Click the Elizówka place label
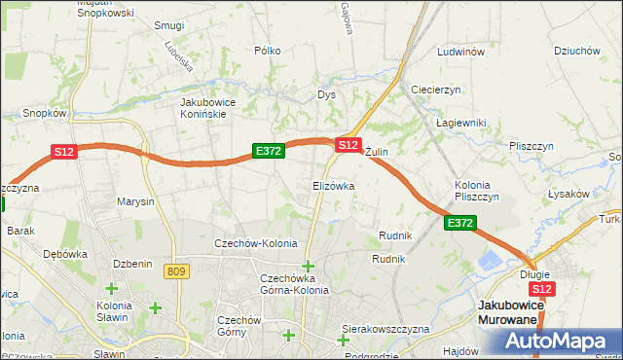[x=333, y=185]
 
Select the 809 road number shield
[x=176, y=271]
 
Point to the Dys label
[x=326, y=95]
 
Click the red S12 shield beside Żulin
[x=348, y=144]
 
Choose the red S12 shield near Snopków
[x=63, y=151]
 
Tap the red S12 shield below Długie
[x=542, y=289]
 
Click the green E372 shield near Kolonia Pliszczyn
[x=460, y=224]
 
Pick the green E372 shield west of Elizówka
[x=268, y=151]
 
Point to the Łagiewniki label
[x=460, y=122]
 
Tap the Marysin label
[x=135, y=202]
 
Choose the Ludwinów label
[x=460, y=52]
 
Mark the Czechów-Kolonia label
[x=255, y=243]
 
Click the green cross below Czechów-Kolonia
[x=309, y=266]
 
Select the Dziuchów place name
[x=575, y=52]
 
